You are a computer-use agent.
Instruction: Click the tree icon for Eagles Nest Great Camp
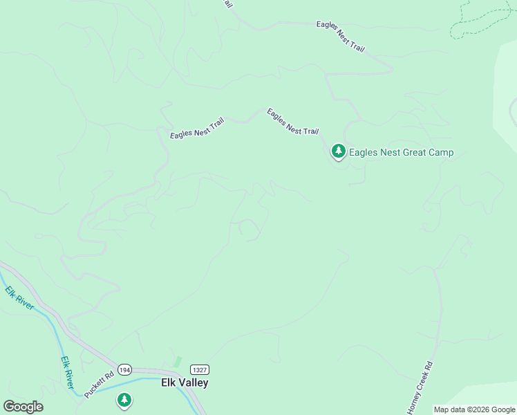coord(338,151)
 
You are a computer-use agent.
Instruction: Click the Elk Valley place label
coord(185,382)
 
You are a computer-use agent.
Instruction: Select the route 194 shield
coord(124,369)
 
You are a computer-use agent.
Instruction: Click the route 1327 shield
coord(199,370)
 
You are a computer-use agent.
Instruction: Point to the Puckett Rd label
coord(99,386)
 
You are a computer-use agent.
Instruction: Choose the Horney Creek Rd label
coord(420,387)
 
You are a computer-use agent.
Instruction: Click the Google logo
coord(23,406)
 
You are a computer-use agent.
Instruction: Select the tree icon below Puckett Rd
coord(124,400)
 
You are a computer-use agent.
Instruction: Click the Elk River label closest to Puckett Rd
coord(66,372)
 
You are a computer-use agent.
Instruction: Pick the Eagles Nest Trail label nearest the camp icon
coord(293,122)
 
